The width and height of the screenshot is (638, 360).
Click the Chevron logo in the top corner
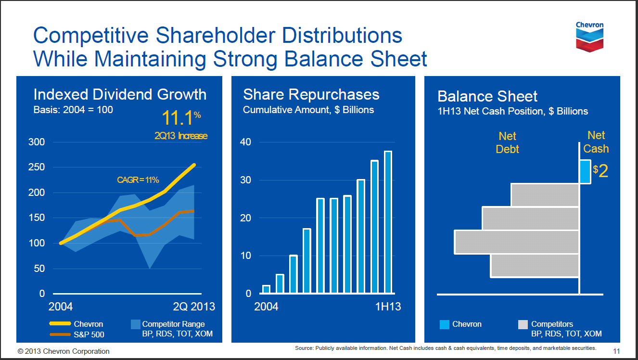point(589,36)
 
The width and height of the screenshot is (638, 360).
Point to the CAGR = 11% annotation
point(138,180)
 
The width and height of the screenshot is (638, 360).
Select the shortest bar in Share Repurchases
point(266,289)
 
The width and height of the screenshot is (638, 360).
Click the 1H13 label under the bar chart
point(388,307)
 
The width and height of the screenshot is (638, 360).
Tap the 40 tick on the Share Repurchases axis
point(245,142)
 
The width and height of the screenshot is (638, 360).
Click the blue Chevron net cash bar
point(585,171)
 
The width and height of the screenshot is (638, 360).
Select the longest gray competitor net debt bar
point(516,242)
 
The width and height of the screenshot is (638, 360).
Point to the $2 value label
point(601,171)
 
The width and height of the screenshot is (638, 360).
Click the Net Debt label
point(507,143)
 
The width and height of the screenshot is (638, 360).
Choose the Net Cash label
point(596,142)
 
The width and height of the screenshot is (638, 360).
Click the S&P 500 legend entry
point(89,334)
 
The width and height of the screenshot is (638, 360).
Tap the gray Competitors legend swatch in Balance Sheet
point(523,325)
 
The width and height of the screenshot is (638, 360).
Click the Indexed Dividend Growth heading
point(120,94)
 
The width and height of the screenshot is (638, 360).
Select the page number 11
point(616,351)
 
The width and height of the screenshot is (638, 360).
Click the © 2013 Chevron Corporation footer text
point(64,351)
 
